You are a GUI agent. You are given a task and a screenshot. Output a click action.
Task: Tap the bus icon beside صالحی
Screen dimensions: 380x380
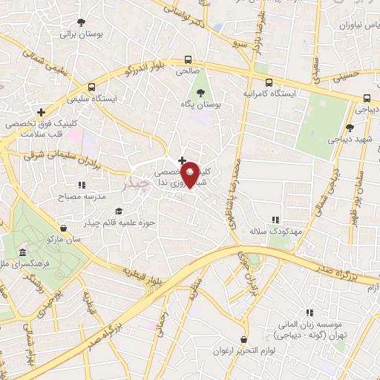click(x=188, y=60)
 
